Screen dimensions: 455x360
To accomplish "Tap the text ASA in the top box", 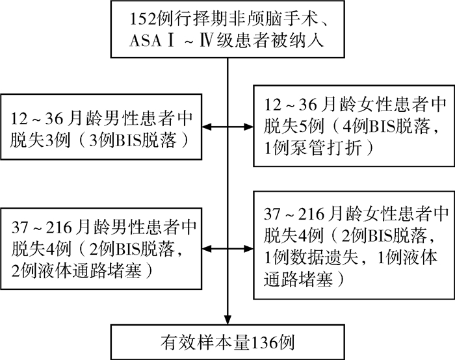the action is pos(145,41).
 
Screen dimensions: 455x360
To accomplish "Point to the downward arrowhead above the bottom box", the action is pos(227,320).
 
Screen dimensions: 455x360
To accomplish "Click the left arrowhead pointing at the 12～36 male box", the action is pos(207,127).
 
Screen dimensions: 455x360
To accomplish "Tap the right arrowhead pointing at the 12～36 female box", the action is pos(249,127).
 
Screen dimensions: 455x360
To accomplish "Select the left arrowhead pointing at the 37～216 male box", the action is pos(207,249).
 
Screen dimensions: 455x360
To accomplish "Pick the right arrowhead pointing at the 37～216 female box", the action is pos(249,249).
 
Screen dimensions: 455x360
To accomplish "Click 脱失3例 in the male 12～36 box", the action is pos(40,141).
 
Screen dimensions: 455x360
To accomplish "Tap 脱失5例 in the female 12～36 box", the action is pos(293,127).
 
